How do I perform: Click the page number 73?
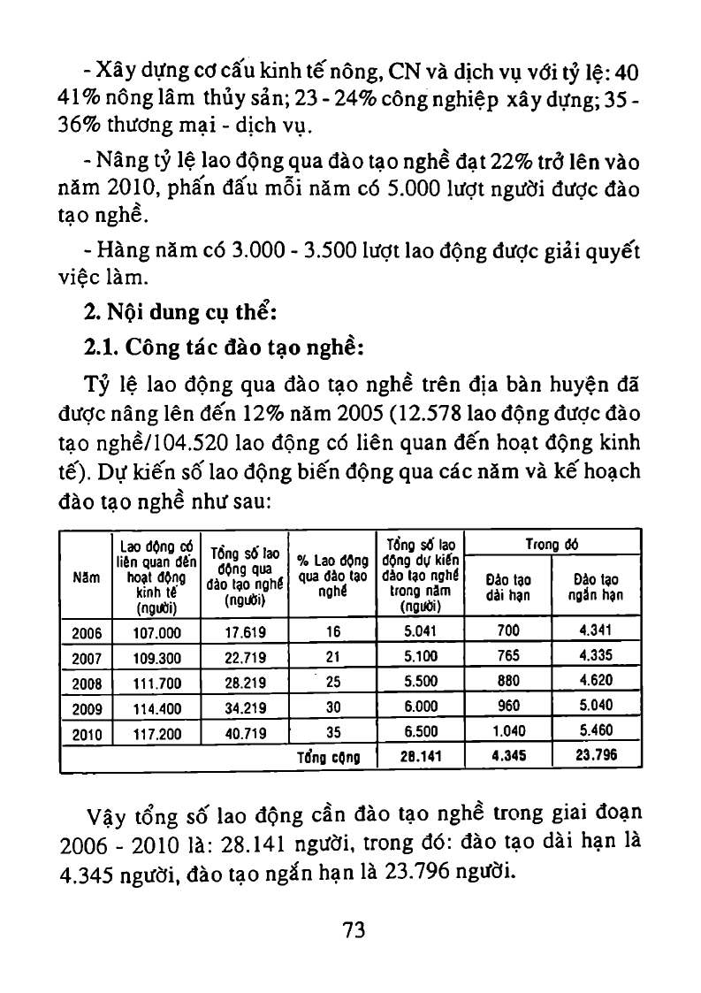tap(354, 929)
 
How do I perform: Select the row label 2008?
tap(85, 683)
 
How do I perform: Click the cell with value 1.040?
tap(508, 732)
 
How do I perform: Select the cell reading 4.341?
tap(596, 631)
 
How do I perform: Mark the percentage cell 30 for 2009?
tap(332, 708)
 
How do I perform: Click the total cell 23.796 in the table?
tap(596, 757)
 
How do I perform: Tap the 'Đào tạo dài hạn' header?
tap(508, 588)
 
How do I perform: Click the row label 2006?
tap(85, 632)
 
